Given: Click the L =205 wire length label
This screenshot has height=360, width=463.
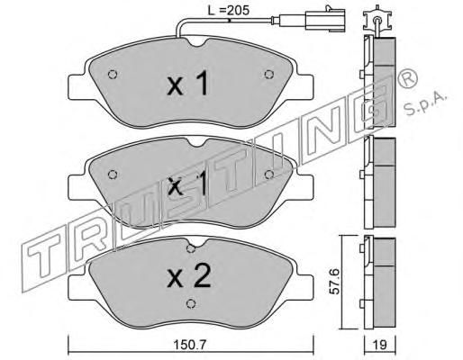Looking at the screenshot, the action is pyautogui.click(x=229, y=11).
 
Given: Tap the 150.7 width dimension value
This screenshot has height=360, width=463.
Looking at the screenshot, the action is pyautogui.click(x=190, y=345).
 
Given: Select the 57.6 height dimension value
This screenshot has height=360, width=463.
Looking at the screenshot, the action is pyautogui.click(x=335, y=282).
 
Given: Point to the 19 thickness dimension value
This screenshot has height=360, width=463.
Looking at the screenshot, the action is pyautogui.click(x=380, y=345).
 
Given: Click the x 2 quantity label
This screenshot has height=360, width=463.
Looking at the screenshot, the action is pyautogui.click(x=189, y=276).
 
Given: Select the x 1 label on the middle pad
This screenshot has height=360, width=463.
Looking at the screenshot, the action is pyautogui.click(x=187, y=184).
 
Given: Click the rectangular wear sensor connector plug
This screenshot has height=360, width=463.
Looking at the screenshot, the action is pyautogui.click(x=325, y=21).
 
